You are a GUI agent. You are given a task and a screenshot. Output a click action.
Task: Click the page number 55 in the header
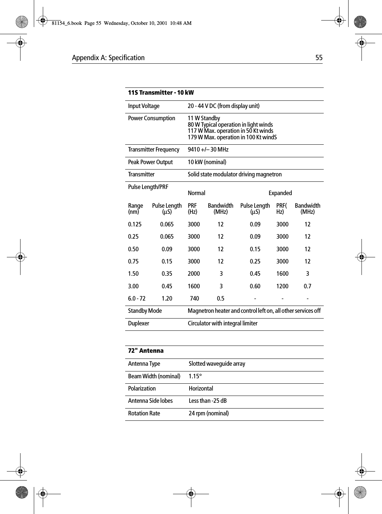[x=319, y=58]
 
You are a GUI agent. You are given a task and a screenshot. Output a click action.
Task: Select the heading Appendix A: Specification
[x=108, y=58]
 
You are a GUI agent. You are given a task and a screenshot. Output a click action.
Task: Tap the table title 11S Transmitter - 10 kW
[x=161, y=93]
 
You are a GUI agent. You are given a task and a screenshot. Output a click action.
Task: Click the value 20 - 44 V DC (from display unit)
[x=223, y=106]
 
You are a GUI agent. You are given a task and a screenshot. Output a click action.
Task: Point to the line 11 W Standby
[x=204, y=118]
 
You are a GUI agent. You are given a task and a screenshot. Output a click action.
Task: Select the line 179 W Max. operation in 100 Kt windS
[x=232, y=137]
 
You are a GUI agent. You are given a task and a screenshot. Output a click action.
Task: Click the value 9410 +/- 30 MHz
[x=208, y=149]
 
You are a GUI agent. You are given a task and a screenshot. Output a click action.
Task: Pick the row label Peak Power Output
[x=150, y=162]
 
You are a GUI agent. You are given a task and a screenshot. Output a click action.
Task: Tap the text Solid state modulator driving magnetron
[x=235, y=174]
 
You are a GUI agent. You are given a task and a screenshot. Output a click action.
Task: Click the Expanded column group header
[x=280, y=193]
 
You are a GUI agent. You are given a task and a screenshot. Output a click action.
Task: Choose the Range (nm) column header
[x=135, y=209]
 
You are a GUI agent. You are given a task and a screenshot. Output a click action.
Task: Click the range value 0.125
[x=135, y=224]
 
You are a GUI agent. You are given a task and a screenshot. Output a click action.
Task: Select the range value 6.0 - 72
[x=137, y=298]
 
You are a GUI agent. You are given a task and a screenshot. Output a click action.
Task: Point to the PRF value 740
[x=194, y=298]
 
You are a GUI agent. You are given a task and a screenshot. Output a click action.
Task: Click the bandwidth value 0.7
[x=307, y=286]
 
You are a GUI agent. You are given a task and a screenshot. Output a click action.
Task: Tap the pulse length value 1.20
[x=167, y=298]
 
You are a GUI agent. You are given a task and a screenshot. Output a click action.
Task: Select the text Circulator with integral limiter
[x=222, y=323]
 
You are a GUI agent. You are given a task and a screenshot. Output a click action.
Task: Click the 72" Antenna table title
[x=146, y=351]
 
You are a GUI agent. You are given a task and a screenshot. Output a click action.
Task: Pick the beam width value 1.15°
[x=195, y=376]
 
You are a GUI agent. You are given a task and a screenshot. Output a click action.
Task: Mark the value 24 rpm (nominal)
[x=209, y=413]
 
